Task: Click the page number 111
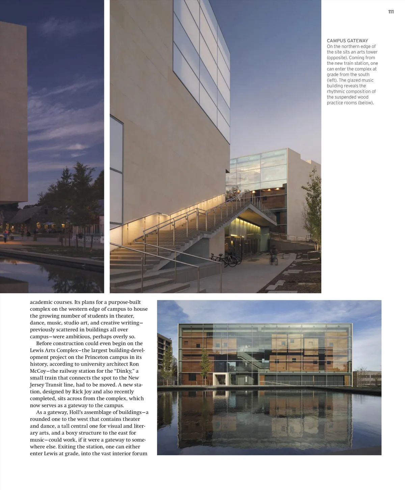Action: point(391,12)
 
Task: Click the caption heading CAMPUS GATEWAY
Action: point(347,41)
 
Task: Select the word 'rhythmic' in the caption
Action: point(335,91)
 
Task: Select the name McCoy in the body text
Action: point(39,371)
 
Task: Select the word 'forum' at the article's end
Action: point(140,454)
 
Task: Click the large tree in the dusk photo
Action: point(77,189)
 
